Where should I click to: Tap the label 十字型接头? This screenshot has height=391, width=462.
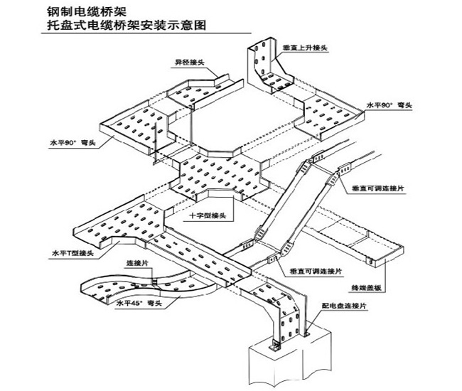[208, 215]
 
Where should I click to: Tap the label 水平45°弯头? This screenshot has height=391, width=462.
[140, 304]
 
